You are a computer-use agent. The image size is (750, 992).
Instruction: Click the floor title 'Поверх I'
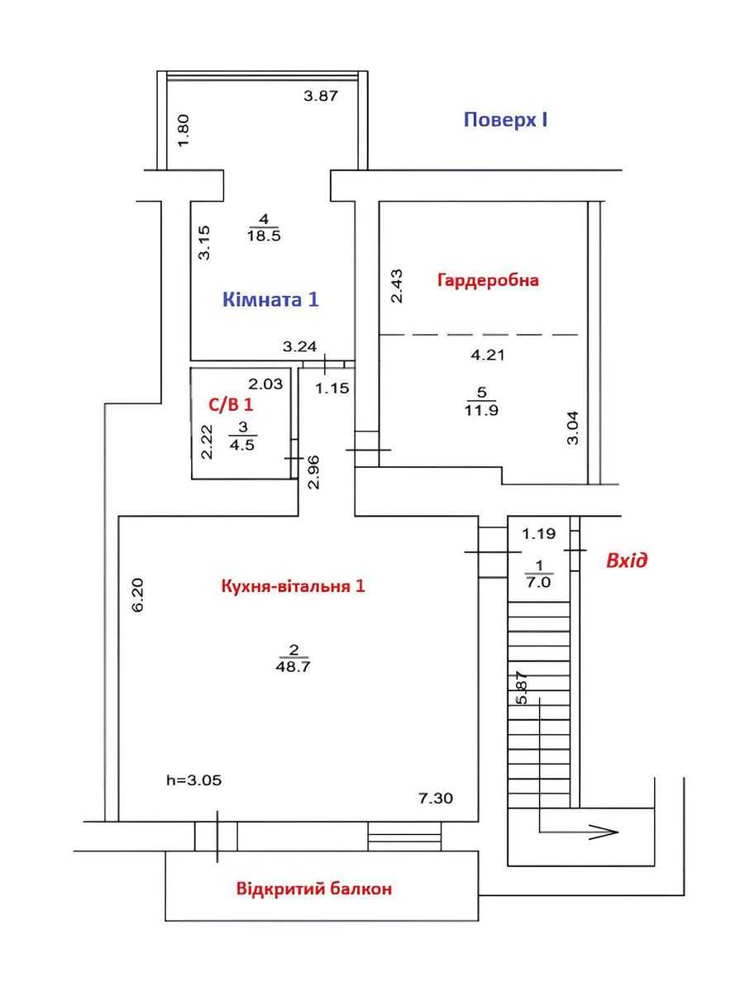pos(505,120)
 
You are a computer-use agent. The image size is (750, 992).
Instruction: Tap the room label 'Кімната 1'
pos(270,299)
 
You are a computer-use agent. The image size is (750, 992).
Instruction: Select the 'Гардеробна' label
pos(488,280)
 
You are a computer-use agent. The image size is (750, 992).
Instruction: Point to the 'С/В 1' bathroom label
pos(231,404)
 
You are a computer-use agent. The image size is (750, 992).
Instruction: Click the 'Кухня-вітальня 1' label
pos(293,586)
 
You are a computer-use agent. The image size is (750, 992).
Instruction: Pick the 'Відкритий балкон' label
pos(314,889)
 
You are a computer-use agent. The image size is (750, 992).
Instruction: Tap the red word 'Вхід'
pos(627,560)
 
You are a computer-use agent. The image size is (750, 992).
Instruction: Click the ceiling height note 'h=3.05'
pos(194,780)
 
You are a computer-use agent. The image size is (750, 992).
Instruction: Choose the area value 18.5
pos(264,236)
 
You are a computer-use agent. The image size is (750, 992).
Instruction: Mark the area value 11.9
pos(481,410)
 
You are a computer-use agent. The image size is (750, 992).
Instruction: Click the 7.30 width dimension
pos(435,798)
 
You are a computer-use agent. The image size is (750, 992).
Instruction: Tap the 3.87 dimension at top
pos(321,96)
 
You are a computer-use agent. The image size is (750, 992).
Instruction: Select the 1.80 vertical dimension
pos(184,131)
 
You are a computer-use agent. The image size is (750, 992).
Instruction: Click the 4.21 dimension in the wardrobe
pos(487,355)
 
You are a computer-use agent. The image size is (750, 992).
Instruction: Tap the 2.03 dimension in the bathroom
pos(265,384)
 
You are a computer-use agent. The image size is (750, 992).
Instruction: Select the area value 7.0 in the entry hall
pos(539,582)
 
